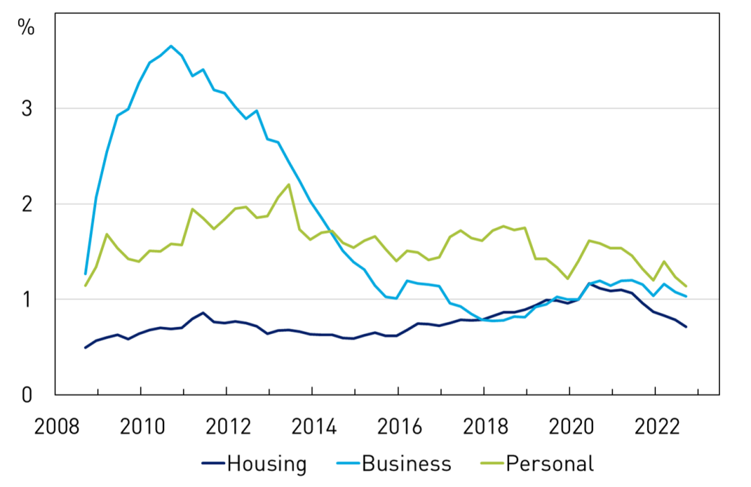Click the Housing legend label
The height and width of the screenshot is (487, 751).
coord(267,463)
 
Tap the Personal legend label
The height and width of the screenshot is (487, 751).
coord(550,463)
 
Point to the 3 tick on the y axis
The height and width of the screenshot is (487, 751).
coord(28,109)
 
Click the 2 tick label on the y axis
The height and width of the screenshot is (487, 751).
coord(28,204)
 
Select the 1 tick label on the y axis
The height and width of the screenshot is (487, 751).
coord(28,299)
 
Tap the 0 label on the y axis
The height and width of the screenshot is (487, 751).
coord(28,395)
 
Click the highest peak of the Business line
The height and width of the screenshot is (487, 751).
coord(171,46)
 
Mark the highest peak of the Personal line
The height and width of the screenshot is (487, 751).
coord(289,184)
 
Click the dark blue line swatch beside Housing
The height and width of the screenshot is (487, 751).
coord(213,463)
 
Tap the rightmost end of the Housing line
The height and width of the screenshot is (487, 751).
coord(686,327)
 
